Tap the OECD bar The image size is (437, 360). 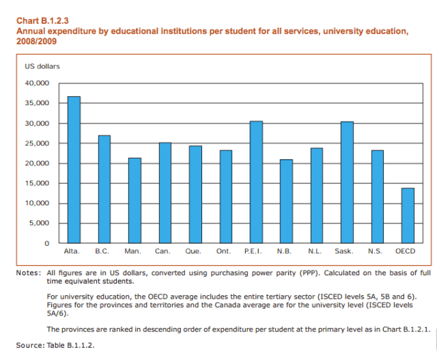point(408,216)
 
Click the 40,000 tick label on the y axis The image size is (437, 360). point(38,83)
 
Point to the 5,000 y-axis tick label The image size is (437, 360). point(40,223)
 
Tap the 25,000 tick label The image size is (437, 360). point(38,143)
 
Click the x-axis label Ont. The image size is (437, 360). point(224,252)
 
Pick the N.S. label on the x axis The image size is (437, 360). point(376,252)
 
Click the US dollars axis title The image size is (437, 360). point(42,66)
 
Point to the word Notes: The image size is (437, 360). point(29,273)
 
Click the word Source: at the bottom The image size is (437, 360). point(29,345)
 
